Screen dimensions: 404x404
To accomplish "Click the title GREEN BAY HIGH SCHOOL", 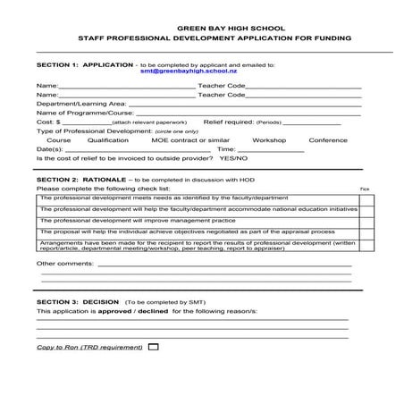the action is click(x=202, y=28).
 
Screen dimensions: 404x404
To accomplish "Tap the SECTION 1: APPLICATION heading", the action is click(x=83, y=64).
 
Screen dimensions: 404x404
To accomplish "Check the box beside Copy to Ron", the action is click(x=153, y=346).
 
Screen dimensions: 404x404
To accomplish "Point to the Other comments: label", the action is click(x=63, y=264).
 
